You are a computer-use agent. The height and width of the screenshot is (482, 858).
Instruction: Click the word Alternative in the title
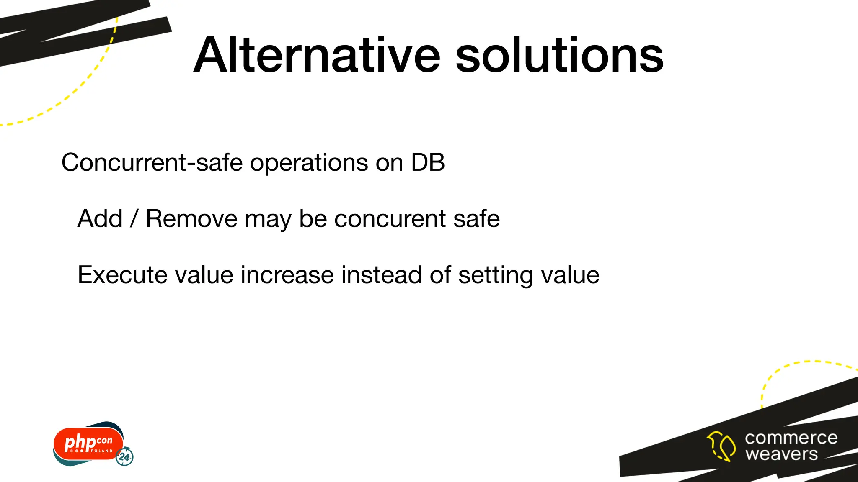click(x=317, y=55)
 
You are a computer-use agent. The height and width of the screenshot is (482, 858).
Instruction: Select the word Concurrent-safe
click(x=152, y=162)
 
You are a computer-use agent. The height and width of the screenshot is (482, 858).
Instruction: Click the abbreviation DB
click(x=428, y=162)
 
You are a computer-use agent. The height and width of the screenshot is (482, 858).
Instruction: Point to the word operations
click(x=309, y=163)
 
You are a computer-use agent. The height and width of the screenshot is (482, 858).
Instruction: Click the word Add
click(x=100, y=218)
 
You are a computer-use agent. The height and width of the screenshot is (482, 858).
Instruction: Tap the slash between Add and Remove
click(x=134, y=218)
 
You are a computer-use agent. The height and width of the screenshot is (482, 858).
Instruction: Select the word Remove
click(x=191, y=218)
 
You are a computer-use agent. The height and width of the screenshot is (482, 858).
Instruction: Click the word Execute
click(x=123, y=275)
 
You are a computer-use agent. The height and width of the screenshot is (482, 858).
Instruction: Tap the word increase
click(x=287, y=275)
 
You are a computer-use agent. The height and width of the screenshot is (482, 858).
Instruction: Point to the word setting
click(x=496, y=276)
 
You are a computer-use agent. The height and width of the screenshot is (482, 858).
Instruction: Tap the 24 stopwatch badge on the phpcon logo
click(x=124, y=457)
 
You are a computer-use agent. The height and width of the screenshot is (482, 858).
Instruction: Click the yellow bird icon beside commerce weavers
click(x=721, y=446)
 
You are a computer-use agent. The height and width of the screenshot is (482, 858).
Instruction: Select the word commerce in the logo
click(x=791, y=438)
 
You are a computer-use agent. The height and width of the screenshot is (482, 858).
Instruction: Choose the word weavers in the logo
click(x=781, y=454)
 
